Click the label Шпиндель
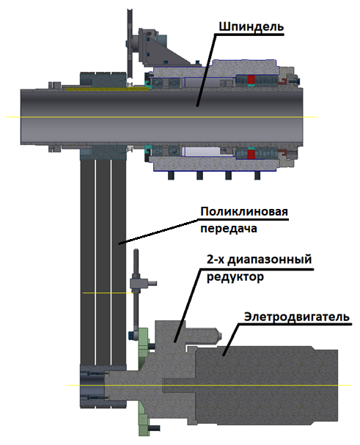[x=251, y=26]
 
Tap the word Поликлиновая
[x=244, y=212]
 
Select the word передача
[x=229, y=229]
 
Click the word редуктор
[x=235, y=276]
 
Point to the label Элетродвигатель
[x=297, y=317]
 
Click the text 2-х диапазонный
[x=259, y=260]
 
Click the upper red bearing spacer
[x=251, y=80]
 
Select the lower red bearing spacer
[x=251, y=155]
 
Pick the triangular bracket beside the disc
[x=167, y=51]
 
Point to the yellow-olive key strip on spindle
[x=108, y=89]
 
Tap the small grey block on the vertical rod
[x=139, y=284]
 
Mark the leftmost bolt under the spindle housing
[x=171, y=175]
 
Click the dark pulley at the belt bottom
[x=94, y=386]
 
